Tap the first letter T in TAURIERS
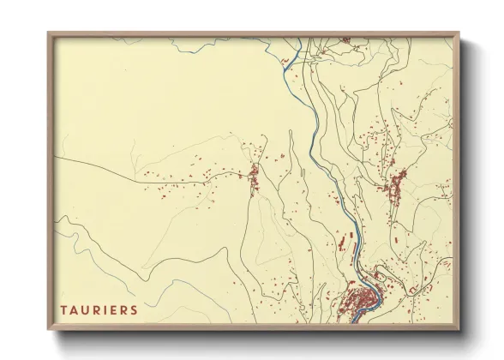(64, 308)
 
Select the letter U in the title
(84, 308)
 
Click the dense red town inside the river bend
(359, 301)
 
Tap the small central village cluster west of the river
(254, 177)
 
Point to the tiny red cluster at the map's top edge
(345, 39)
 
